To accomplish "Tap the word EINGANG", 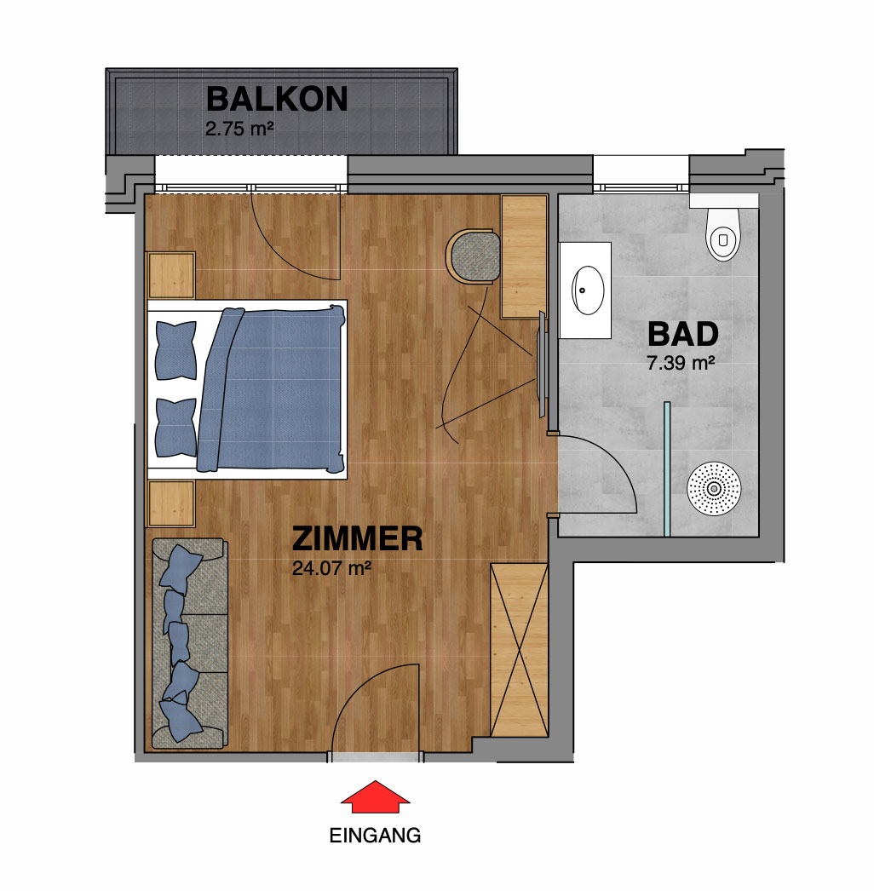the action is tap(375, 836).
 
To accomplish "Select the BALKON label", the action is tap(277, 99).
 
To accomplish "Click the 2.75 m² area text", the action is tap(239, 129).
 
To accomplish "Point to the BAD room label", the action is tap(683, 334).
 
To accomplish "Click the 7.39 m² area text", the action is tap(681, 363).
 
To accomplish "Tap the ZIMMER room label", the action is tap(358, 538).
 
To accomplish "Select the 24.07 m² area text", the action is tap(332, 568).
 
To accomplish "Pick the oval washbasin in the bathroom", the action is tap(588, 290).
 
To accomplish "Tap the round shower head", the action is tap(714, 489).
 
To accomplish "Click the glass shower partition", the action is tap(667, 468).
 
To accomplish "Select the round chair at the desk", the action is tap(473, 256).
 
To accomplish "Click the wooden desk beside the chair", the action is tap(523, 256).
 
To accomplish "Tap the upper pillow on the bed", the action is tap(176, 350).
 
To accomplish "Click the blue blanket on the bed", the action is tap(272, 389).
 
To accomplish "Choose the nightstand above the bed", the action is tap(171, 275).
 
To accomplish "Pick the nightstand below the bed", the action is tap(171, 503).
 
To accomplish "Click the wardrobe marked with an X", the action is tap(519, 650).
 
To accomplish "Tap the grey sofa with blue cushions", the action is tap(190, 643).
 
